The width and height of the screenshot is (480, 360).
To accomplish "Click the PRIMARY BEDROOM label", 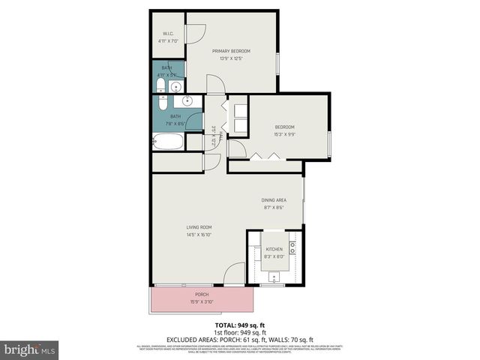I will coord(230,51).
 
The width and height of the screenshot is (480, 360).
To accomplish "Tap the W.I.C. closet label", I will coord(169,34).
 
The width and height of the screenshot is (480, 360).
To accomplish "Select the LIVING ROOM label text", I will coord(199,226).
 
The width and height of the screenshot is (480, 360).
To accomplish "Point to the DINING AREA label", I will coord(274,199).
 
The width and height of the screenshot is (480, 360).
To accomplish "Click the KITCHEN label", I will coord(274,248).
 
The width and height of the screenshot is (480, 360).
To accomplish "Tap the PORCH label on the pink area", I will coord(202,295).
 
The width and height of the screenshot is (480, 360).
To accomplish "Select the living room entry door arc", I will coord(235,274).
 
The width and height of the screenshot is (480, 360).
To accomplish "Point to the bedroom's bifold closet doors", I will coord(265,156).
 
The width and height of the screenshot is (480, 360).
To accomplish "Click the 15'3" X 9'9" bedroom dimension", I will coord(284,134).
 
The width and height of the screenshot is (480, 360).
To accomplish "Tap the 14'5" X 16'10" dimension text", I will coord(199,234).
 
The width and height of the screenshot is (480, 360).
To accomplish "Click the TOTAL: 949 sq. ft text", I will coord(239,325).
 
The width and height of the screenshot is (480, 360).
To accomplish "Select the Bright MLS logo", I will coord(30,349).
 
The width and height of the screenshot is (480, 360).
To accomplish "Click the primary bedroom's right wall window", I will coord(278,63).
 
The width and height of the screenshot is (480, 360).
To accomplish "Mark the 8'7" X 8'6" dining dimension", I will coord(273,208).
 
